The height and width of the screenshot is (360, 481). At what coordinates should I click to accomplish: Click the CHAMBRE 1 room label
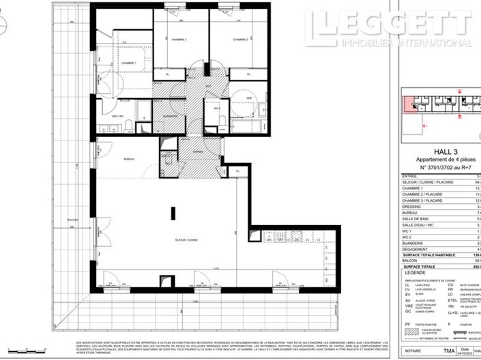tap(129, 63)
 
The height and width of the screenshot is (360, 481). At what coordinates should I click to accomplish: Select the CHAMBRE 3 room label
tap(240, 40)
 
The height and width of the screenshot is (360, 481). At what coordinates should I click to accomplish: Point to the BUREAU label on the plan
tap(128, 158)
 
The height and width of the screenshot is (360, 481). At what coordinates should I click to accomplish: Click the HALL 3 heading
tap(435, 152)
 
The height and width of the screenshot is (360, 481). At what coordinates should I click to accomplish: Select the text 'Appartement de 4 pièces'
tap(435, 160)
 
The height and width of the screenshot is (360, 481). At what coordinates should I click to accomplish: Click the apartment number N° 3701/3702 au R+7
tap(435, 167)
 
